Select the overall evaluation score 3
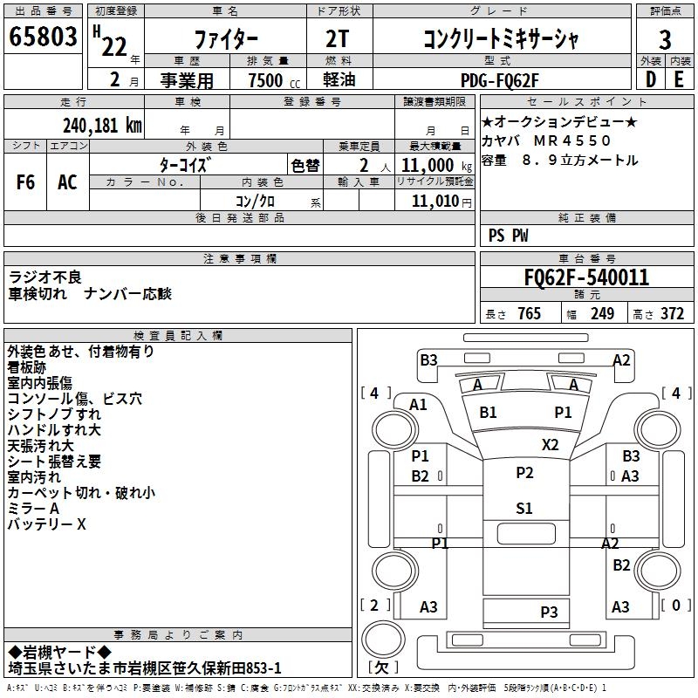[665, 40]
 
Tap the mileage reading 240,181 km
[102, 126]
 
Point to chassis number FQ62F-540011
[585, 278]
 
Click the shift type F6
[26, 182]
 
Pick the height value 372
[671, 314]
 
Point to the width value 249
[602, 314]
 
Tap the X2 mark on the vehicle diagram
[550, 444]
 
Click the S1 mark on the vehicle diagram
[523, 509]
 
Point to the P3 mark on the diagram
[548, 612]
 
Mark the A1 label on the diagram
[418, 404]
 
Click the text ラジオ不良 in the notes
[45, 277]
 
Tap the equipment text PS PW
[508, 236]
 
